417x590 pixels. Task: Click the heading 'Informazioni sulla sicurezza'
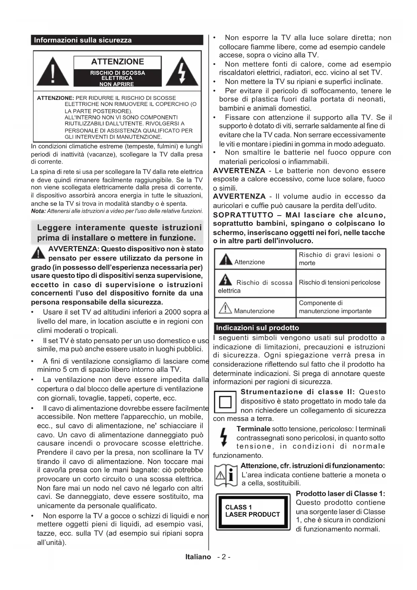[83, 40]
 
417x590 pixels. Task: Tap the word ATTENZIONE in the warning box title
[117, 62]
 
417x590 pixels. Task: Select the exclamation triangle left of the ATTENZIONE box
[53, 72]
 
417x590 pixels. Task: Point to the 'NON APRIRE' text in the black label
[117, 84]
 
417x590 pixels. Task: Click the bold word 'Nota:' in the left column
[38, 211]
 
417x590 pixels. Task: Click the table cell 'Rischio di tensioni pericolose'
[339, 283]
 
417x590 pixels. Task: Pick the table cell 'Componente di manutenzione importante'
[335, 307]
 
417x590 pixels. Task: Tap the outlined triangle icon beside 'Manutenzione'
[225, 308]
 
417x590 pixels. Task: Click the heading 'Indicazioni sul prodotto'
[257, 328]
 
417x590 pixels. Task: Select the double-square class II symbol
[225, 402]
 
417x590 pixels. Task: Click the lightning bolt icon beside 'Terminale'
[223, 437]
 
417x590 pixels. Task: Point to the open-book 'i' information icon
[226, 475]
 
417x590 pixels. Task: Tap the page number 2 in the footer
[224, 557]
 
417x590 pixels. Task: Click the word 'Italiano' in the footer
[198, 557]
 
